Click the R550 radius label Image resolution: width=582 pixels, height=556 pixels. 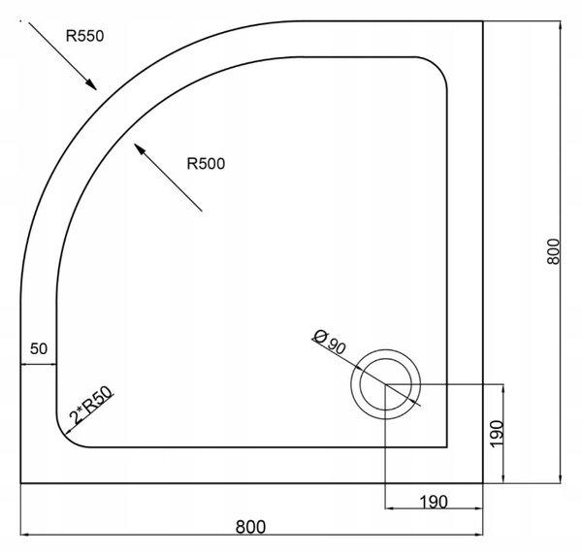(x=84, y=36)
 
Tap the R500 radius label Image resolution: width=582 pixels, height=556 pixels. (x=206, y=163)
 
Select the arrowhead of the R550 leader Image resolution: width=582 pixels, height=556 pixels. (x=91, y=84)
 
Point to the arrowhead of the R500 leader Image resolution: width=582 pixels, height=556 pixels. (x=140, y=149)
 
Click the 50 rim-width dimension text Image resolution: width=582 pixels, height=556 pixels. (x=39, y=348)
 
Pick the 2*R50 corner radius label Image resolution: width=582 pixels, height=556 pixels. (x=91, y=406)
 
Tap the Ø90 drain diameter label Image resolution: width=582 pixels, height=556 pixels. (x=329, y=343)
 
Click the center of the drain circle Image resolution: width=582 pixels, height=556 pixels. (x=386, y=384)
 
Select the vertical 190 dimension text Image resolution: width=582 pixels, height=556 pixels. (x=496, y=434)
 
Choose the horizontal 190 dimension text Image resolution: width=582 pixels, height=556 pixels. (x=434, y=502)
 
